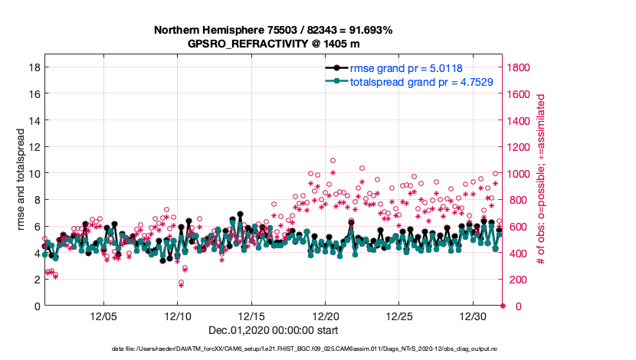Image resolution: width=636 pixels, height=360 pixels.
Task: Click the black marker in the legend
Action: pyautogui.click(x=336, y=68)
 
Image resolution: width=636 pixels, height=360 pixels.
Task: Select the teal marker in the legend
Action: pyautogui.click(x=336, y=81)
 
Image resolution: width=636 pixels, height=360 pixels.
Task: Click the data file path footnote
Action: pyautogui.click(x=317, y=349)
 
